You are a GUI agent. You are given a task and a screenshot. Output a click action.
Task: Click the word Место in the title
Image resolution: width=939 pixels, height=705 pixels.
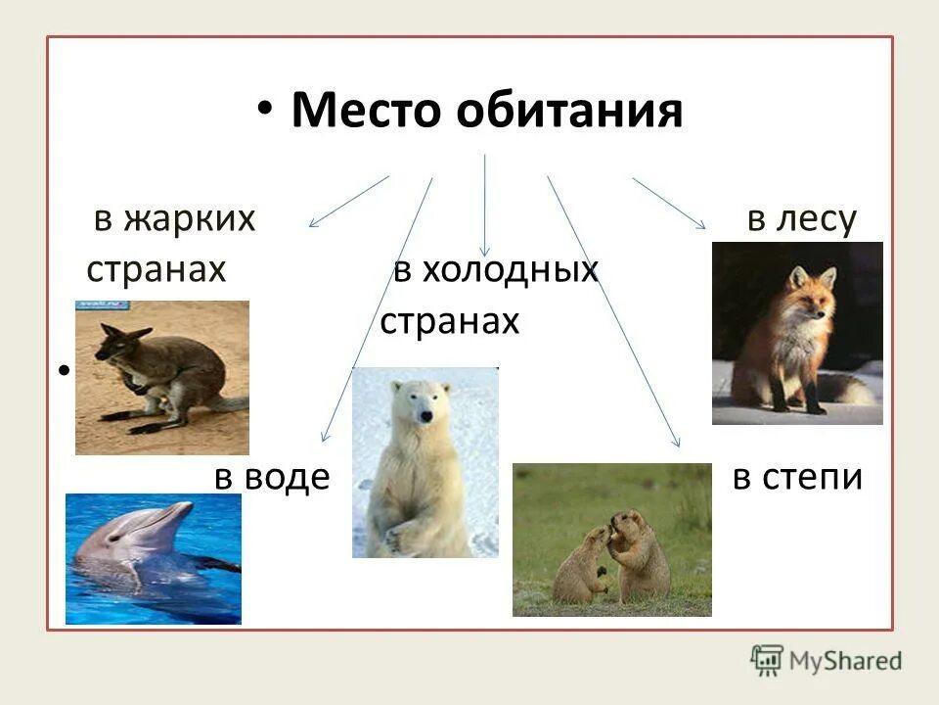coord(367,112)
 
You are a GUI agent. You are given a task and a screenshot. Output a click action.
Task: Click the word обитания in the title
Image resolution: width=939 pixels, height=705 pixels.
coord(567,112)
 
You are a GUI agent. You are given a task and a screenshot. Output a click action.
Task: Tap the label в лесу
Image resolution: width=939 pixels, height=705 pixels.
coord(801,219)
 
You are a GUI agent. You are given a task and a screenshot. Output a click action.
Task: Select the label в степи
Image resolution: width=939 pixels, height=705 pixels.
coord(797,478)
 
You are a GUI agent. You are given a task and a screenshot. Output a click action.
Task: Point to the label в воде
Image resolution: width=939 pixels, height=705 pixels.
coord(272,479)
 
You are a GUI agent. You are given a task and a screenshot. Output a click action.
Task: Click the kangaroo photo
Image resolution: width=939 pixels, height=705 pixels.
coord(162,378)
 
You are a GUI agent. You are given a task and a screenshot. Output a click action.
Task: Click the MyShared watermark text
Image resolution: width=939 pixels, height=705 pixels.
coord(845,659)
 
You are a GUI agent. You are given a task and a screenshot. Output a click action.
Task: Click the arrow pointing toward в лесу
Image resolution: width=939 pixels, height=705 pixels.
coord(669,203)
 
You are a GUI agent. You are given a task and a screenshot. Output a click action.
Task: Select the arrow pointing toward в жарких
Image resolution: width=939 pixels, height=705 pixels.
coord(349,202)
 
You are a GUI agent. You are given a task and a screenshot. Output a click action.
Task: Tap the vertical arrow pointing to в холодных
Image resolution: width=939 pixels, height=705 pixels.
coord(485,206)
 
